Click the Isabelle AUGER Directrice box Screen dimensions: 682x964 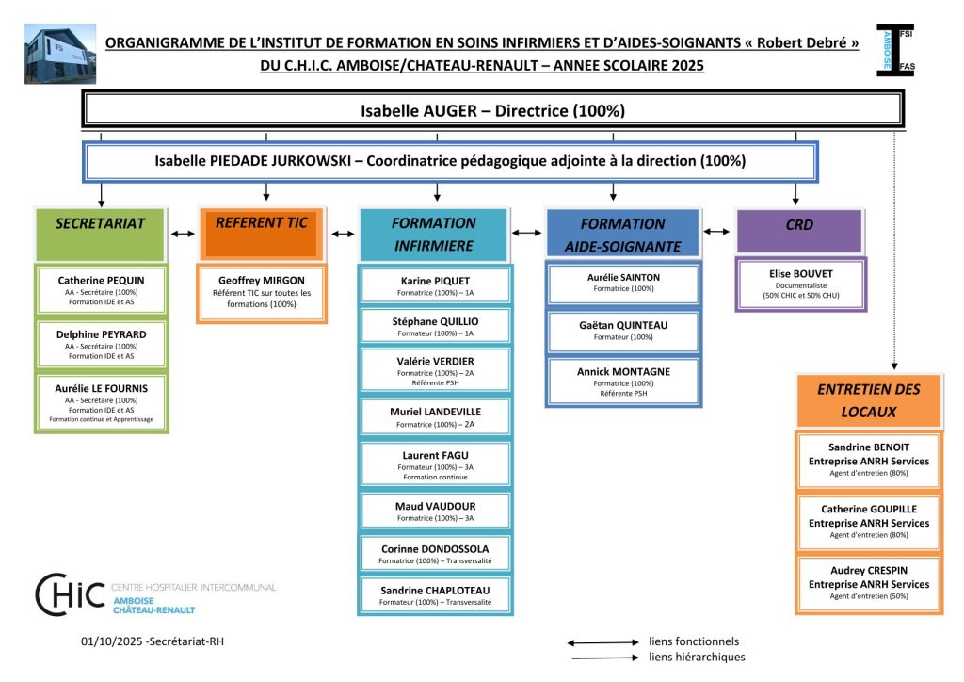(x=492, y=110)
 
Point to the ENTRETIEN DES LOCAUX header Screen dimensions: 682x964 (x=856, y=400)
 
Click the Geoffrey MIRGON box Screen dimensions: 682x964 (x=262, y=293)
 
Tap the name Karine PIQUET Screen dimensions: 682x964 (x=435, y=281)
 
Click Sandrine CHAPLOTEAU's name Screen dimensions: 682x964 (x=435, y=591)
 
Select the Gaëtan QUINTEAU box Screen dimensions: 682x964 (x=623, y=330)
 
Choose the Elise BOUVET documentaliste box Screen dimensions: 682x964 (x=800, y=284)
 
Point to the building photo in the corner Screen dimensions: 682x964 (x=59, y=54)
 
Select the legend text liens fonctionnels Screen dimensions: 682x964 (x=694, y=642)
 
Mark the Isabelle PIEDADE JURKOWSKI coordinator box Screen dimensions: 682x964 (x=450, y=161)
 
